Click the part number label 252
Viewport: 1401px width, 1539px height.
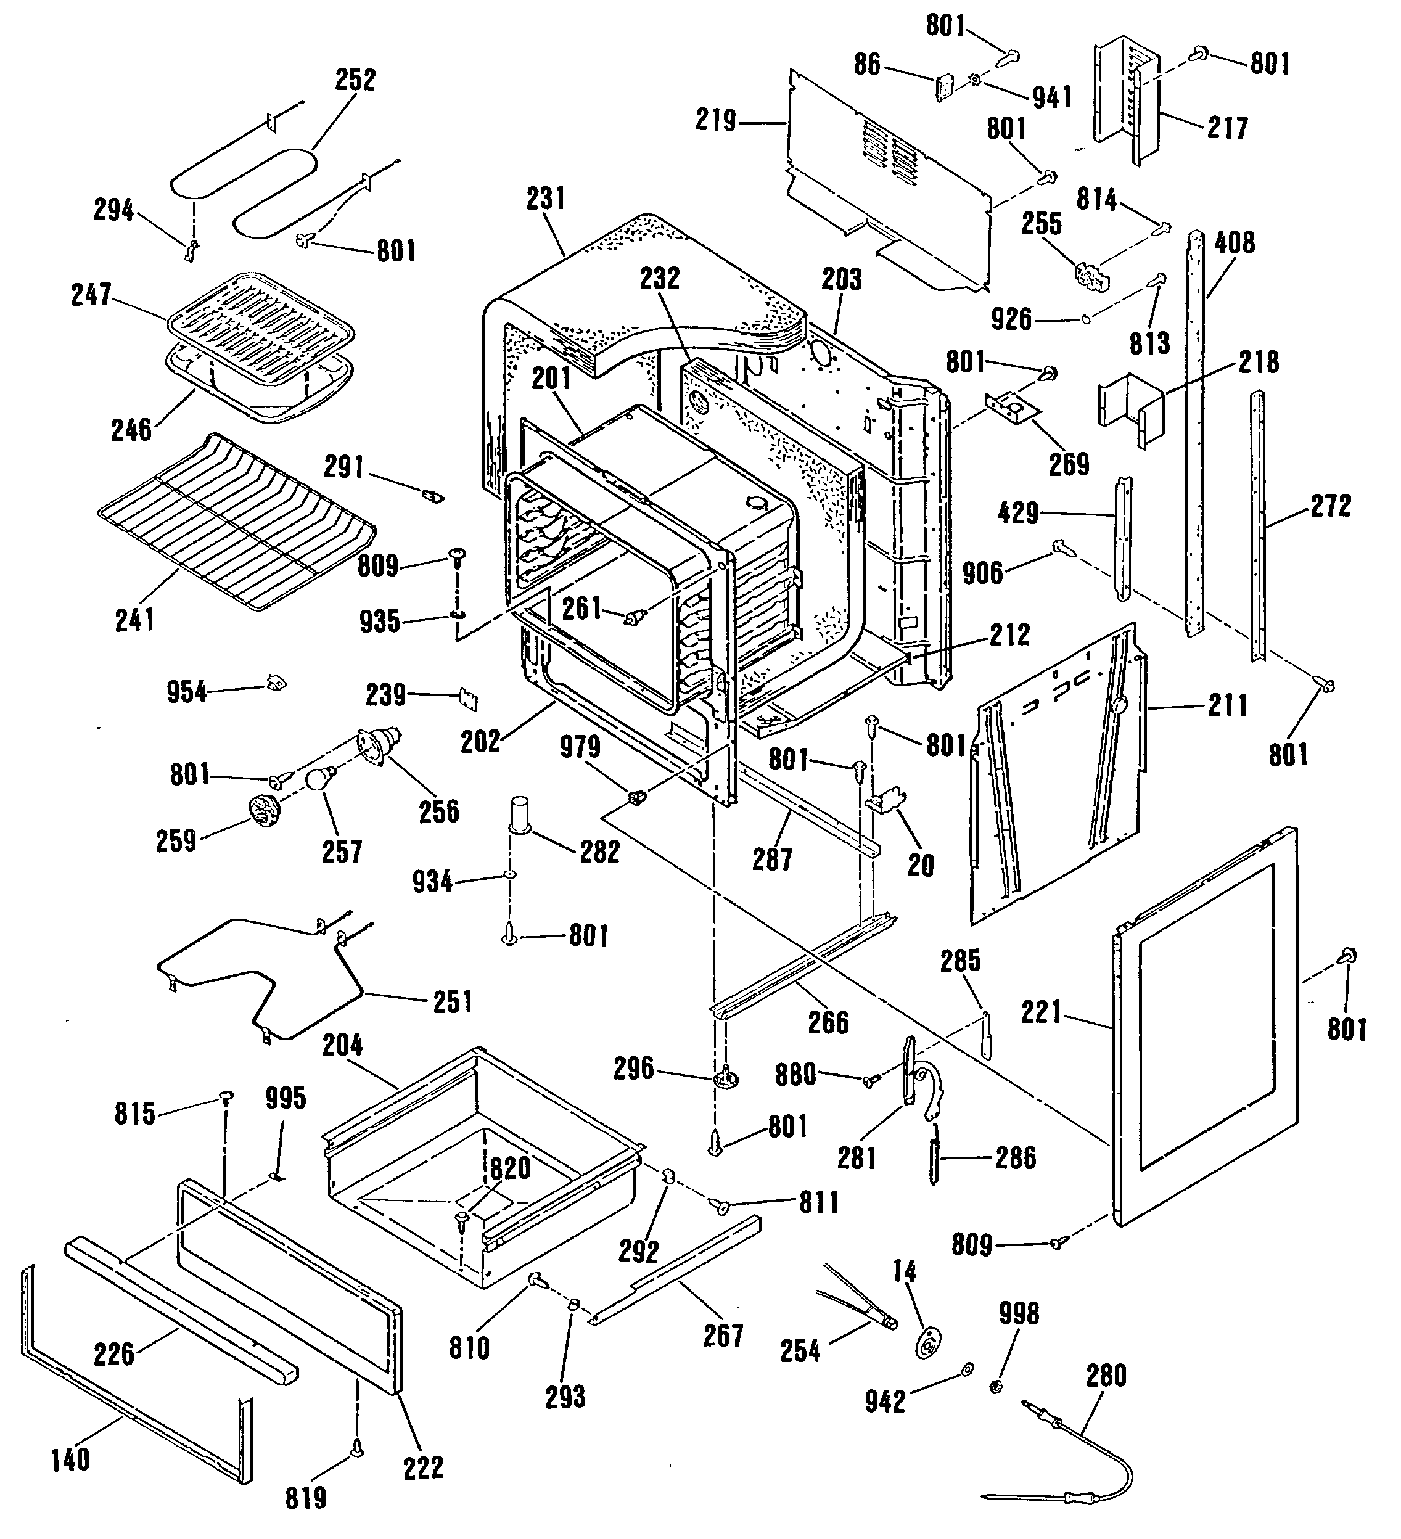click(356, 80)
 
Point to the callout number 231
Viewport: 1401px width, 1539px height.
click(546, 199)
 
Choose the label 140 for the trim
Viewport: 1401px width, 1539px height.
click(70, 1459)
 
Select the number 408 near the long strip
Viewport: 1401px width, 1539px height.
click(1235, 244)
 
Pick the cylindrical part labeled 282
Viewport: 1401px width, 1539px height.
click(520, 817)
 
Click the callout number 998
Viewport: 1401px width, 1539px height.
click(1019, 1314)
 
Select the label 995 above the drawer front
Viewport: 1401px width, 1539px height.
click(286, 1099)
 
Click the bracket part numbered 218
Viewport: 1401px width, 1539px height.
click(1134, 412)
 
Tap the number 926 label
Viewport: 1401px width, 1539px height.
click(1012, 319)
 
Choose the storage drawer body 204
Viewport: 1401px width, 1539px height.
click(481, 1160)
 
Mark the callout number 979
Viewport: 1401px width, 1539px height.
click(580, 747)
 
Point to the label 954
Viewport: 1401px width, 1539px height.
click(187, 692)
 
